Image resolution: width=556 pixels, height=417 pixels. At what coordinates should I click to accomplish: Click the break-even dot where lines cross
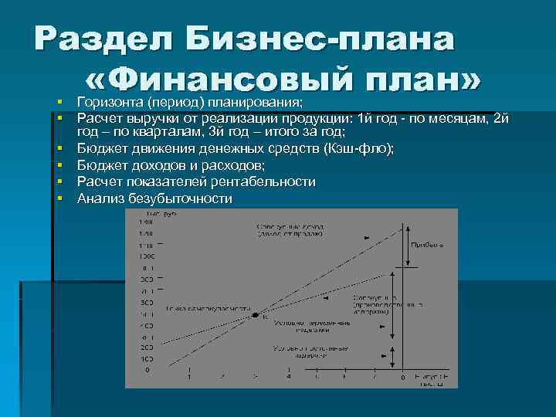(x=256, y=316)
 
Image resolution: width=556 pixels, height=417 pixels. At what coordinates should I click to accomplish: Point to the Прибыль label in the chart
(x=426, y=244)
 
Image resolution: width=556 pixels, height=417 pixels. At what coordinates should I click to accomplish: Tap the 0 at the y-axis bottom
(x=148, y=370)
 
